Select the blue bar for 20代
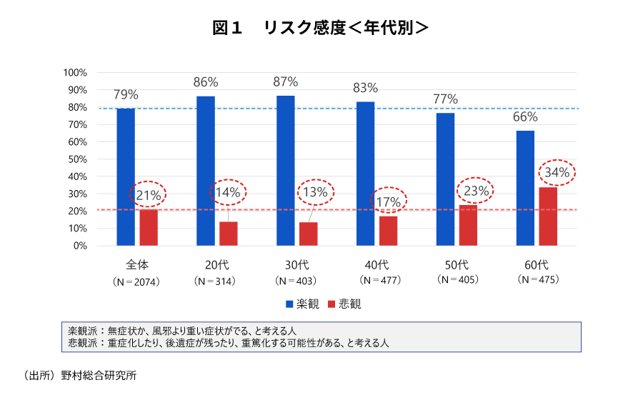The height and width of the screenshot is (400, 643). [x=206, y=171]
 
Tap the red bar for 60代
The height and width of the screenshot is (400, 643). [x=548, y=216]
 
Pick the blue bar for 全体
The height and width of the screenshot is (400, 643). [x=126, y=176]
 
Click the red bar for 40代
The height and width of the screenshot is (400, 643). [x=388, y=231]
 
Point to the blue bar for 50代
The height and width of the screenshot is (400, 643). [x=445, y=179]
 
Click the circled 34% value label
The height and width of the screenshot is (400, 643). [x=557, y=172]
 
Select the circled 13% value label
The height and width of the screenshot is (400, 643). [x=314, y=192]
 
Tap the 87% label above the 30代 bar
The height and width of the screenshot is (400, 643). [x=285, y=81]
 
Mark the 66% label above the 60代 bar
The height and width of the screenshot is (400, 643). [x=525, y=117]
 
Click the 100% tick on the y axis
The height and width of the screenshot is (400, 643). [x=75, y=73]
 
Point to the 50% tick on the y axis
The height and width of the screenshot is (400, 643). [x=77, y=159]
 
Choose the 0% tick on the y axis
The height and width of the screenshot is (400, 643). [x=79, y=246]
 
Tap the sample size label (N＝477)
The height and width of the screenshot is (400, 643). [x=378, y=280]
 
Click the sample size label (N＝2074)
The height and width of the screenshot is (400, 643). [x=136, y=281]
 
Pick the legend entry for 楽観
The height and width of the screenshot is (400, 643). [x=302, y=304]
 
